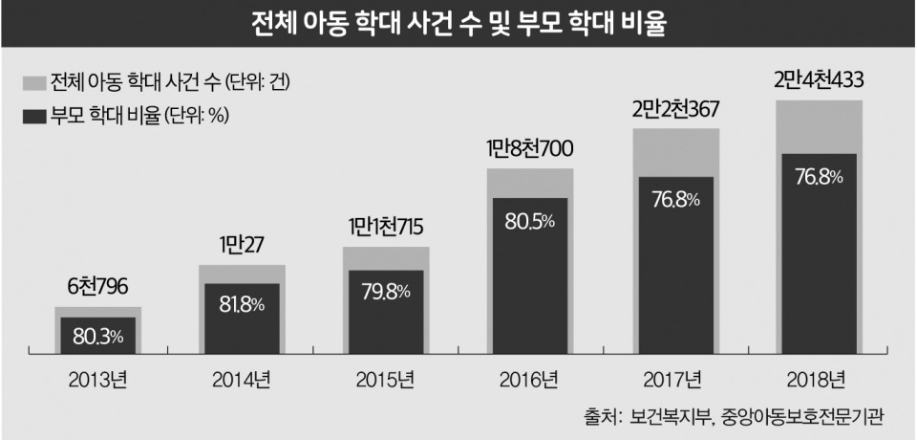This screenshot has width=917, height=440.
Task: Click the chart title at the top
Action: tap(458, 23)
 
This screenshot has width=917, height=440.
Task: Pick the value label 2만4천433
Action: tap(818, 79)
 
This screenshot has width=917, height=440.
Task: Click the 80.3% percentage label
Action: tap(97, 337)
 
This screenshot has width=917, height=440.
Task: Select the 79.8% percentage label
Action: tap(385, 292)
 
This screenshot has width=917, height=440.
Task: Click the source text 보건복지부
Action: tap(658, 418)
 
